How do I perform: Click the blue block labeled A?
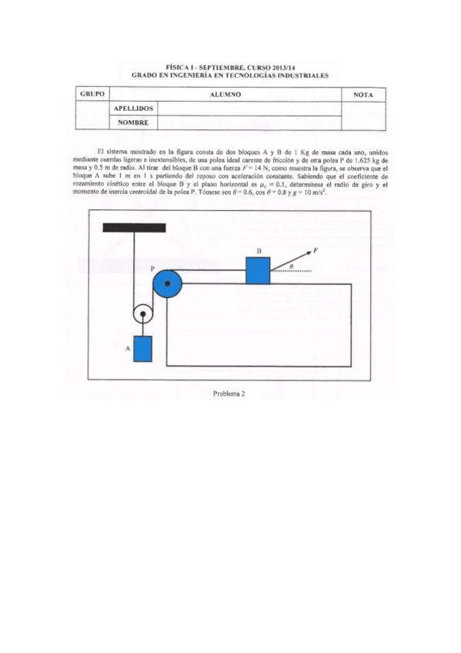click(142, 349)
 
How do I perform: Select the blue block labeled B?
click(258, 270)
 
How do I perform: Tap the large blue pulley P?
click(167, 286)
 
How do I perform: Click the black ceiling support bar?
click(134, 226)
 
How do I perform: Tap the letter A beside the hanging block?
click(127, 349)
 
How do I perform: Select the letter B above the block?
click(259, 251)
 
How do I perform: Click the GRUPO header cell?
click(92, 94)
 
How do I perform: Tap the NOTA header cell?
click(362, 94)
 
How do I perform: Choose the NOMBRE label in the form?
click(132, 122)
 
